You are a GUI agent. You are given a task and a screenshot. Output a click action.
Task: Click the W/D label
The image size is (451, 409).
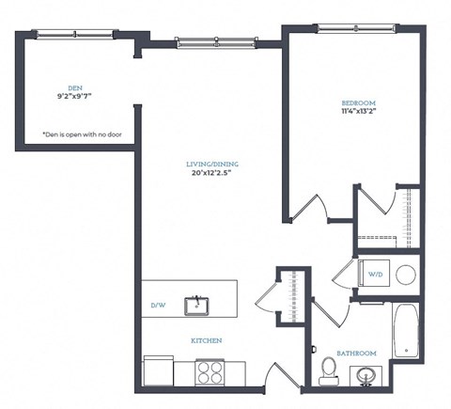point(376,275)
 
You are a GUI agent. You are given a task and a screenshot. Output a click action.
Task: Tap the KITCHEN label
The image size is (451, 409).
point(208,340)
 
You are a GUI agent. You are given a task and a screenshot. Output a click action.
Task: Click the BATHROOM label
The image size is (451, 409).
point(358,353)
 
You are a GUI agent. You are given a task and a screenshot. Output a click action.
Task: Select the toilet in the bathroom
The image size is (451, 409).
point(329,370)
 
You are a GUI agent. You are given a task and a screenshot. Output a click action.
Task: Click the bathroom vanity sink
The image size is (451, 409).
point(366,376)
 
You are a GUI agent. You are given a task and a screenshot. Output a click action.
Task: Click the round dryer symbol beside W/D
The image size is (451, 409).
point(405,275)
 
